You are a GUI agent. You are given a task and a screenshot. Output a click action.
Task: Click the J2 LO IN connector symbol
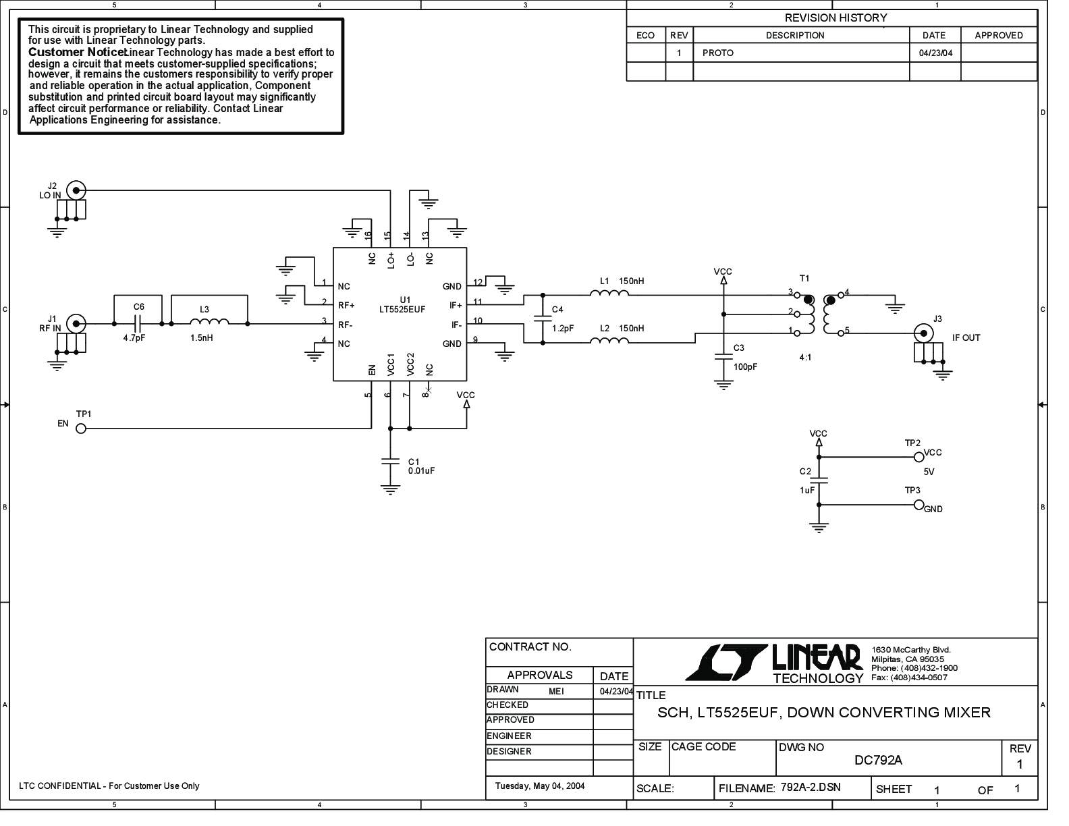click(76, 190)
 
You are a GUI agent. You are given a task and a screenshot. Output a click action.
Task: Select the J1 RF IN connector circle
click(76, 324)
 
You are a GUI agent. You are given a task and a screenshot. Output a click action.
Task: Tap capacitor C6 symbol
click(138, 324)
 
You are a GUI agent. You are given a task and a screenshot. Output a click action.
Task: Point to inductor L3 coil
click(209, 323)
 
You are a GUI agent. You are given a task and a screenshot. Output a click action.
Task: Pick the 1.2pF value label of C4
click(563, 329)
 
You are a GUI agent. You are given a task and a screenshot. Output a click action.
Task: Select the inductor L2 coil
click(609, 341)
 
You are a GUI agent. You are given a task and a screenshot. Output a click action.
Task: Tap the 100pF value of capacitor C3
click(745, 367)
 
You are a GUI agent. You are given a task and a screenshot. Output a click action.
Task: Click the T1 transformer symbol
click(819, 314)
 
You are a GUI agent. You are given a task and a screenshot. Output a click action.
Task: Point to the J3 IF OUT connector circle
click(921, 333)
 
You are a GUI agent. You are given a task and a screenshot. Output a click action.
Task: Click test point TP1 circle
click(81, 429)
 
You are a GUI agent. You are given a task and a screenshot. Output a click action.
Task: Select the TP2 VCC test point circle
click(918, 457)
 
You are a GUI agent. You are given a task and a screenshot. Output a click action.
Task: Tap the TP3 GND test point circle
click(918, 505)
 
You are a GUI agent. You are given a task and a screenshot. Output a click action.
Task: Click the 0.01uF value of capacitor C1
click(421, 471)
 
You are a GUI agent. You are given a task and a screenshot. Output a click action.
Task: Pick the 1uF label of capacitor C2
click(807, 491)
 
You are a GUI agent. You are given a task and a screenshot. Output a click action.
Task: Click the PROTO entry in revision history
click(717, 53)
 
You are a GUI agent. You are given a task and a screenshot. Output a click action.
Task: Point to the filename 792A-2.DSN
click(811, 788)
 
